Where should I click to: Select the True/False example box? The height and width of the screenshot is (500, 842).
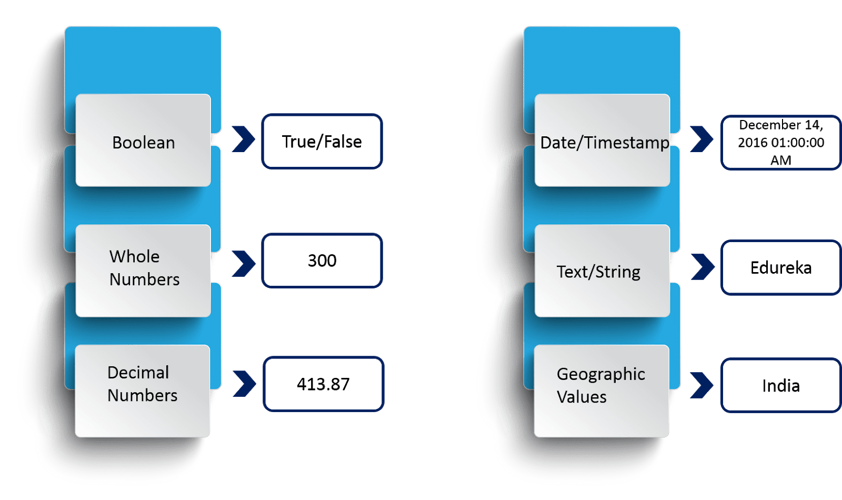(x=322, y=142)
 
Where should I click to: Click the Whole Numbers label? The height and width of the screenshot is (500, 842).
(x=144, y=268)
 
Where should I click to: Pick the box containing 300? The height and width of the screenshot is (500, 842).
(x=322, y=261)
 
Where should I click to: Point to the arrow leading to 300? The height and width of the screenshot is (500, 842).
(x=243, y=264)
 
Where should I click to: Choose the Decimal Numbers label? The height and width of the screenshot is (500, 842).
(x=142, y=384)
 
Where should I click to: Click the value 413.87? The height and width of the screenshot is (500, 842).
(x=323, y=384)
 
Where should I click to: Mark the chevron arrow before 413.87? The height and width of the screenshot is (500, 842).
(x=244, y=384)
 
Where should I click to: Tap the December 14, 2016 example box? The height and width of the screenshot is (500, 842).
(x=780, y=142)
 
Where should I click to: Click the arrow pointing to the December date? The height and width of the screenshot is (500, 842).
(x=701, y=139)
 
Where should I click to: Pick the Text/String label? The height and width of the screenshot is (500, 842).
(x=598, y=272)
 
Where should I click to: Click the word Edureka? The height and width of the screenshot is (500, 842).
(x=781, y=268)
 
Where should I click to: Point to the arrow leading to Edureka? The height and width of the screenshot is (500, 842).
(x=703, y=267)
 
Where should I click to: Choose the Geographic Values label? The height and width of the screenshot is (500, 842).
(x=600, y=385)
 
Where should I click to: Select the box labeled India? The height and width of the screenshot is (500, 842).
(x=781, y=386)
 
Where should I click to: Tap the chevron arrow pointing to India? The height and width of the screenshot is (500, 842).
(x=701, y=385)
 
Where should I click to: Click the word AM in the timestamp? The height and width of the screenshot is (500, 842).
(x=781, y=160)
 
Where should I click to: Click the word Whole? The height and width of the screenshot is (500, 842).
(x=134, y=256)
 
